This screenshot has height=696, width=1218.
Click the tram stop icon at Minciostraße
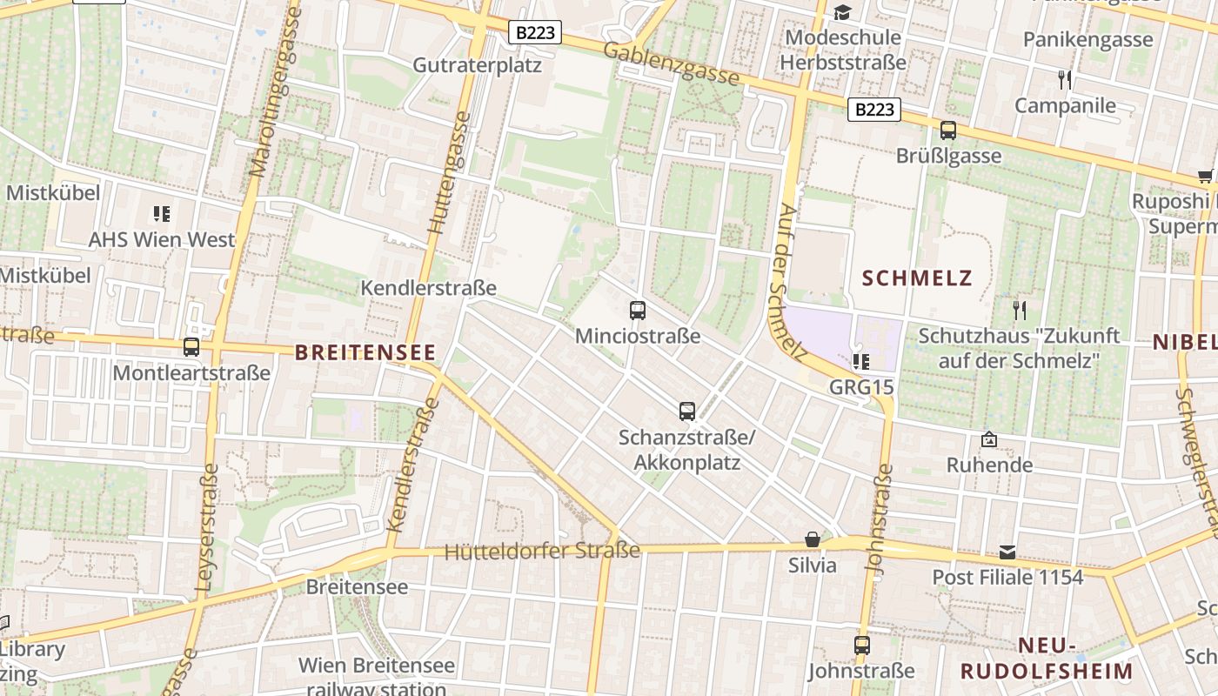pyautogui.click(x=638, y=310)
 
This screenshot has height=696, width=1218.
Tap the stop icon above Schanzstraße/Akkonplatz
pyautogui.click(x=687, y=411)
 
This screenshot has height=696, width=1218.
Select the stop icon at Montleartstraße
pyautogui.click(x=191, y=347)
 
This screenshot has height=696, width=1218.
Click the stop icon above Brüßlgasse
pyautogui.click(x=948, y=130)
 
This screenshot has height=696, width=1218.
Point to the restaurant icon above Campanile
pyautogui.click(x=1065, y=80)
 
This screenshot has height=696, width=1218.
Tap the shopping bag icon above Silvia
pyautogui.click(x=812, y=539)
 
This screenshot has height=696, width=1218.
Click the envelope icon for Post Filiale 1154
pyautogui.click(x=1007, y=552)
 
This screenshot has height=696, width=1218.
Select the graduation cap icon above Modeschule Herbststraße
pyautogui.click(x=842, y=12)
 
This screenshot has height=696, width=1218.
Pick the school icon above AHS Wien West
pyautogui.click(x=161, y=213)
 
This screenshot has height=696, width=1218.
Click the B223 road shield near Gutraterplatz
pyautogui.click(x=535, y=33)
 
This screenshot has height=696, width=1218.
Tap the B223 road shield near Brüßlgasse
pyautogui.click(x=874, y=110)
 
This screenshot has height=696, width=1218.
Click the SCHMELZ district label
pyautogui.click(x=917, y=278)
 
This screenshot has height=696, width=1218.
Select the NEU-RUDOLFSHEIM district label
pyautogui.click(x=1047, y=658)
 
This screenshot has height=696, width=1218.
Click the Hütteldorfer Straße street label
pyautogui.click(x=542, y=551)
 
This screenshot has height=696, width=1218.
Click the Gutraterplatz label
pyautogui.click(x=477, y=65)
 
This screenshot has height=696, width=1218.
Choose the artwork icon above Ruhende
pyautogui.click(x=988, y=440)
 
